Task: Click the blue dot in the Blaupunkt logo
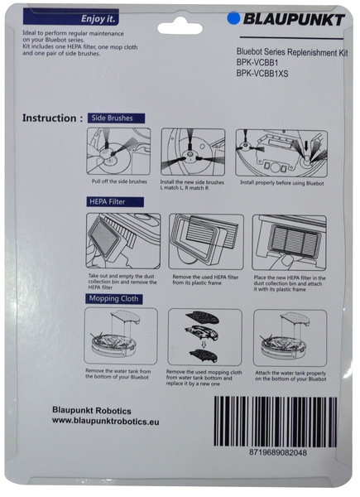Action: (x=233, y=18)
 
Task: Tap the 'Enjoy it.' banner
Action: (x=71, y=17)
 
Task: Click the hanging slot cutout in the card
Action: (x=180, y=27)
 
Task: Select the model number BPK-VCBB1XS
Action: (x=262, y=74)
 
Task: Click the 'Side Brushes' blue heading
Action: (x=116, y=118)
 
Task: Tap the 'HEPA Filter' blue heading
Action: (x=115, y=202)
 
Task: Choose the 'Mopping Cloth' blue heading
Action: (x=113, y=299)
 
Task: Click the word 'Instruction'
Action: (x=49, y=118)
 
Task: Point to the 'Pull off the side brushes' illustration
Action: (x=118, y=152)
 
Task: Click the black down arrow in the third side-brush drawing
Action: (x=306, y=146)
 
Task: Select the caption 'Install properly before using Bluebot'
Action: (x=282, y=183)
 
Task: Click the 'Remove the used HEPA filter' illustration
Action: (x=206, y=242)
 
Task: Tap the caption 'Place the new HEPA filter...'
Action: (x=290, y=283)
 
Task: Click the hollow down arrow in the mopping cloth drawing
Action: (x=204, y=344)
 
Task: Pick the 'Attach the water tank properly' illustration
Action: (x=290, y=338)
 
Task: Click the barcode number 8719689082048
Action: (x=278, y=452)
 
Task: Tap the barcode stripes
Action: (x=275, y=422)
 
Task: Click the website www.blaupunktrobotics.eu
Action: (x=106, y=422)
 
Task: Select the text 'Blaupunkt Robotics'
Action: (x=92, y=411)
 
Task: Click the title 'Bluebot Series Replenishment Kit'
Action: (x=292, y=52)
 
